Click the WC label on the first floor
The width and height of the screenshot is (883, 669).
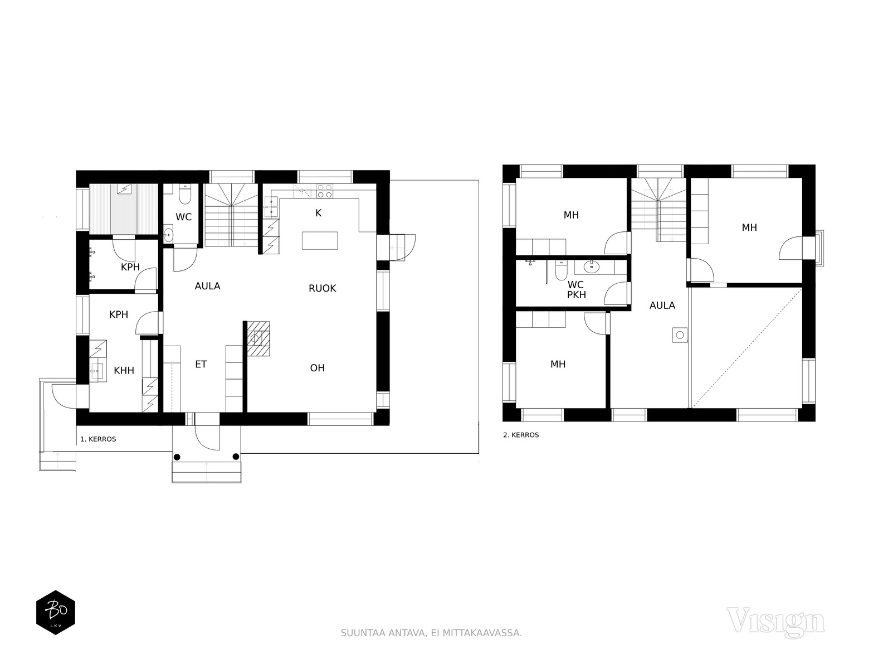(183, 217)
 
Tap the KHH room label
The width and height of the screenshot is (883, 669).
(124, 370)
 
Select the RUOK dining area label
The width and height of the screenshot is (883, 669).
(322, 288)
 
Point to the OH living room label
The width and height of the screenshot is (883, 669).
(318, 368)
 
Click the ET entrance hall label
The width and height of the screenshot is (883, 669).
(201, 364)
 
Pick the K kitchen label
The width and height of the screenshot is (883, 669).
(319, 213)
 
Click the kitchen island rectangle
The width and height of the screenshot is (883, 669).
(320, 240)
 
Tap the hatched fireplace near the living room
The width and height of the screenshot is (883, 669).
(258, 338)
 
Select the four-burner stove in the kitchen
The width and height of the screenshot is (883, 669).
(325, 191)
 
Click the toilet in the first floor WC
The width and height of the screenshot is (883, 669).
(185, 195)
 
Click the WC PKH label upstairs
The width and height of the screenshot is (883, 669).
(576, 290)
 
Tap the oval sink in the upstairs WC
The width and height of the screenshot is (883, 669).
(592, 266)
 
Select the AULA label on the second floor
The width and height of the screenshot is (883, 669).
(662, 306)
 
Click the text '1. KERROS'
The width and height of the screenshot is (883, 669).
(98, 439)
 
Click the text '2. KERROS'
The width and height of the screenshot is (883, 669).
(521, 435)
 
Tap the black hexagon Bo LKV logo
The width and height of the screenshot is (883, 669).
(56, 612)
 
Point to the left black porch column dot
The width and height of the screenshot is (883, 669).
(177, 457)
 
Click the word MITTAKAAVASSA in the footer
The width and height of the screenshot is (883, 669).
(482, 633)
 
